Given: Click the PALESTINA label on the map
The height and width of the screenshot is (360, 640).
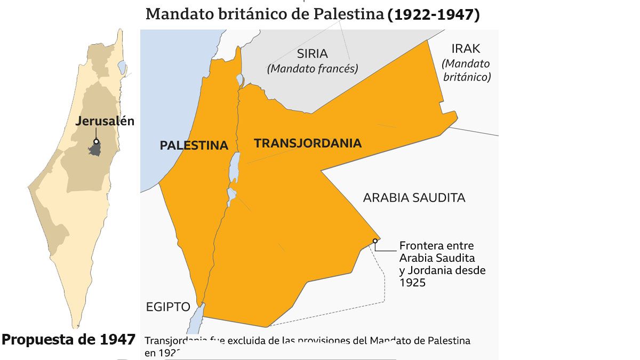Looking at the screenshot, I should [x=194, y=145].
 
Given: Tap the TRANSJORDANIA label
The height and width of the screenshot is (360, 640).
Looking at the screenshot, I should [x=308, y=143].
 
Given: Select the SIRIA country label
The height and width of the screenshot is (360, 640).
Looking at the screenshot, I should [x=312, y=54].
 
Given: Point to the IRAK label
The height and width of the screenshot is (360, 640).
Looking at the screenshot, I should [x=466, y=49].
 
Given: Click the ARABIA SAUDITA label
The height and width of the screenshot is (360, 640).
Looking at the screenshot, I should [x=414, y=198].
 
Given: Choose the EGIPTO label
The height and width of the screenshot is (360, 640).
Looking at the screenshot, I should [x=168, y=307].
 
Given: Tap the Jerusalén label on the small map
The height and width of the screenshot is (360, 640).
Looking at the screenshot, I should [x=105, y=121].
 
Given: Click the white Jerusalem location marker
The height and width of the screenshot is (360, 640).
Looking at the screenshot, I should [x=96, y=142].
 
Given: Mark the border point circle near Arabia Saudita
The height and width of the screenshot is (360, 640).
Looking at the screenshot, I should [x=375, y=241].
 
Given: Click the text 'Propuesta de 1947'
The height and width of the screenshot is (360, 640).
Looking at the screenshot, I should [x=68, y=340].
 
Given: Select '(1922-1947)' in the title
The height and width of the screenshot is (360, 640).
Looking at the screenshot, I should [x=434, y=14].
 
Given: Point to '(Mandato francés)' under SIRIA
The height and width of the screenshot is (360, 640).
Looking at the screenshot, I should [x=313, y=68].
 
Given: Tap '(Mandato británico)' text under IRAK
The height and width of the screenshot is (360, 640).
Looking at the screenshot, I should [x=466, y=70].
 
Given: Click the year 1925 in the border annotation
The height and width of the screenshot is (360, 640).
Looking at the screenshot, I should [x=412, y=283].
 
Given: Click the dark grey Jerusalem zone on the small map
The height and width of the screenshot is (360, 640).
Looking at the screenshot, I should [x=95, y=149].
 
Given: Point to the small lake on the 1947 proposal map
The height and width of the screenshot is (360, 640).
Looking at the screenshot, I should [x=121, y=68].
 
